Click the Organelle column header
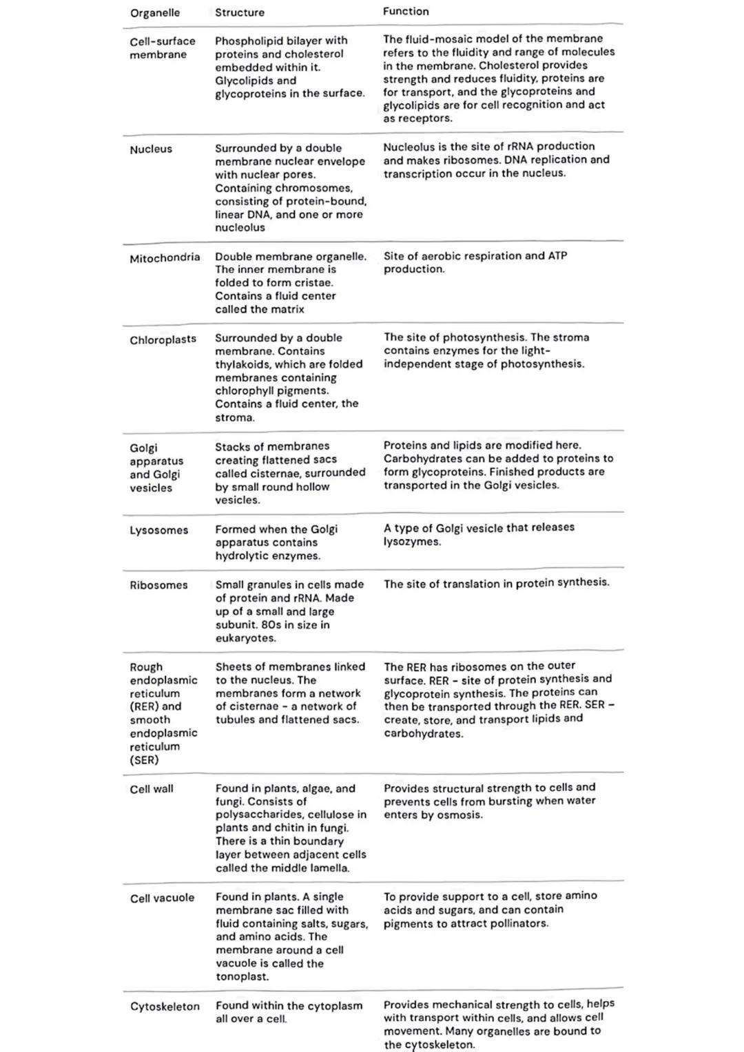tap(155, 13)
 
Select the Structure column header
tap(239, 12)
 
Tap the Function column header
tap(406, 12)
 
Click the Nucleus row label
tap(151, 149)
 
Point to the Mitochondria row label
tap(165, 257)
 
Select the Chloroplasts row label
tap(163, 339)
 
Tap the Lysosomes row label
tap(158, 530)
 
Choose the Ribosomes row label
tap(158, 585)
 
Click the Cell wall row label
tap(152, 789)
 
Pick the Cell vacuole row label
tap(162, 898)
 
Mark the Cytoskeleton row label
tap(165, 1007)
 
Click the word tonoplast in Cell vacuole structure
tap(242, 977)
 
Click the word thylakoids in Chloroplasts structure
tap(242, 364)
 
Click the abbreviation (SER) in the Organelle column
tap(144, 760)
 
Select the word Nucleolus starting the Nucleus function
tap(409, 147)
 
